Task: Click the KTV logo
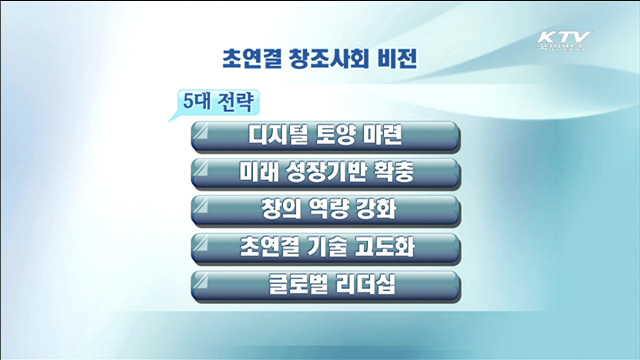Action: coord(564,43)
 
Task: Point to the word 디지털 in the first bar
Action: coord(277,135)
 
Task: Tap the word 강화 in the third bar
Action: coord(378,209)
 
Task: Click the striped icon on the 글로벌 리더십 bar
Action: coord(206,279)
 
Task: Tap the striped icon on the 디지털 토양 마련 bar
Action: coord(206,131)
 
